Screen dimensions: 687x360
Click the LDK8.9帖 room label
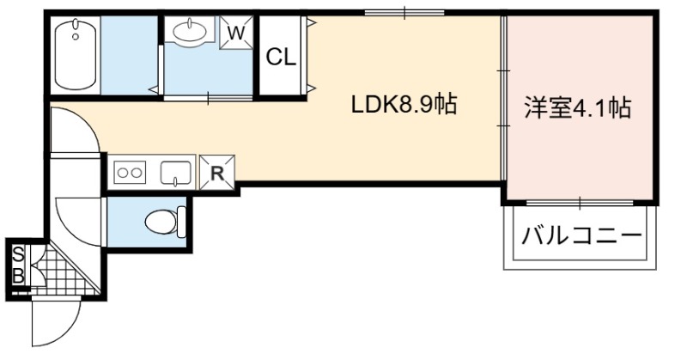coord(404,105)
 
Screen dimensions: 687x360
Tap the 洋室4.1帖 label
coord(578,108)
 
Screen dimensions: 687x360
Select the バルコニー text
coord(581,237)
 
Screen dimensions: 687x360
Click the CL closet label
coord(281,57)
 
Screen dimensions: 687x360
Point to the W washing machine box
coord(236,33)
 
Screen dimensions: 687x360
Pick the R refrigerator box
coord(217,173)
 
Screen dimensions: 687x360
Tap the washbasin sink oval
coord(190,31)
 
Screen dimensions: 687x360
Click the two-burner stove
coord(130,173)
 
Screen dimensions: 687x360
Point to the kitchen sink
coord(176,173)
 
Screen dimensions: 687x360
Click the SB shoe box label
coord(18,265)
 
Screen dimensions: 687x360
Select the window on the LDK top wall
coord(404,13)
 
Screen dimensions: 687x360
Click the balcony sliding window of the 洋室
coord(580,203)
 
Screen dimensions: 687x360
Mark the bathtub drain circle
coord(76,36)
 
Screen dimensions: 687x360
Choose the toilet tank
coord(181,222)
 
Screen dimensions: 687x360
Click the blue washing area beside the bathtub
coord(129,55)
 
